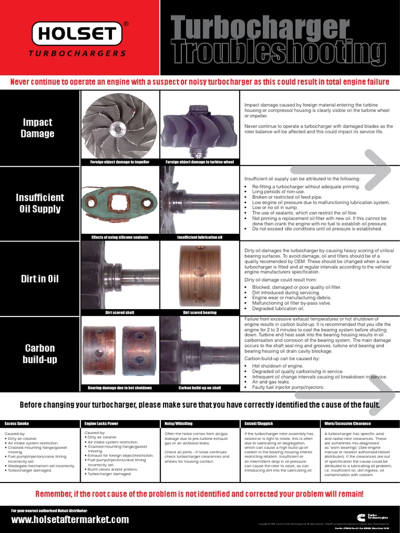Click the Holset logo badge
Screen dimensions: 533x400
click(78, 34)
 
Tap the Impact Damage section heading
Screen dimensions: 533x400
click(37, 128)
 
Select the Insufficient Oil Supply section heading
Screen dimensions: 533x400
click(40, 203)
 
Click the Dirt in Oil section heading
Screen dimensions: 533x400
click(40, 278)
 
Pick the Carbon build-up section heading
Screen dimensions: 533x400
click(40, 354)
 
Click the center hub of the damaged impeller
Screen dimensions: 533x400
click(119, 127)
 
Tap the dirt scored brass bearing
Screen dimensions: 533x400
click(199, 275)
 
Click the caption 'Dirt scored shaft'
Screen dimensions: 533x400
click(120, 313)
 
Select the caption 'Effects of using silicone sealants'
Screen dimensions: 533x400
click(120, 237)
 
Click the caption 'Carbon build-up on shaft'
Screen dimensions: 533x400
click(199, 388)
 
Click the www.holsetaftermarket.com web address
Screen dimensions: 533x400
click(70, 519)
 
